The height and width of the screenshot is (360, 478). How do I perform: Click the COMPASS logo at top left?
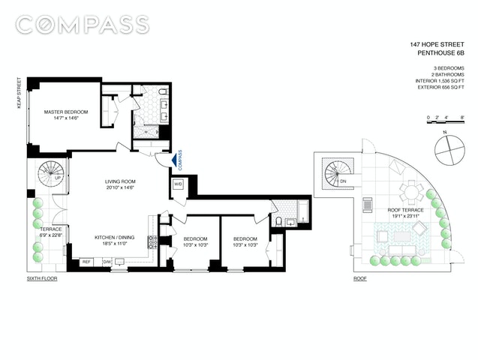click(x=83, y=25)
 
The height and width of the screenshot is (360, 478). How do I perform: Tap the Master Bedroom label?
click(x=66, y=115)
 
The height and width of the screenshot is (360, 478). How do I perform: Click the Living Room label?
click(x=121, y=184)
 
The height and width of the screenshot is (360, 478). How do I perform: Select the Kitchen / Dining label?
click(x=114, y=240)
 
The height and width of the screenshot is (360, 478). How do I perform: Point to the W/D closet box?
click(x=178, y=184)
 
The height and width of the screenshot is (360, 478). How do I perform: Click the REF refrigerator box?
click(x=86, y=262)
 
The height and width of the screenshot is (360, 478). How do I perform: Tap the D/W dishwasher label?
click(x=107, y=262)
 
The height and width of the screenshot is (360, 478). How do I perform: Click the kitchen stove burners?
click(x=152, y=241)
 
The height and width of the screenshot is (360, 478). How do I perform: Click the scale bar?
click(x=446, y=121)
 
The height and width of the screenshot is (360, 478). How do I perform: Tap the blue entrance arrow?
click(x=174, y=160)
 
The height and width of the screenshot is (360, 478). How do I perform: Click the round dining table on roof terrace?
click(x=411, y=193)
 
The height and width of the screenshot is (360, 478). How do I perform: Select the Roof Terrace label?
click(x=405, y=213)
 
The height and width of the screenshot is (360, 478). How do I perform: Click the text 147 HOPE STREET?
click(x=437, y=44)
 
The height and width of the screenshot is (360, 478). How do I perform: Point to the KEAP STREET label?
click(x=20, y=94)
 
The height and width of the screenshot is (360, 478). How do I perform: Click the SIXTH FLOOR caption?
click(x=42, y=278)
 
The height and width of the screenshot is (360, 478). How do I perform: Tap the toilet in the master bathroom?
click(x=164, y=91)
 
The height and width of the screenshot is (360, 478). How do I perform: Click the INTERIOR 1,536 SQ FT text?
click(x=440, y=81)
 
